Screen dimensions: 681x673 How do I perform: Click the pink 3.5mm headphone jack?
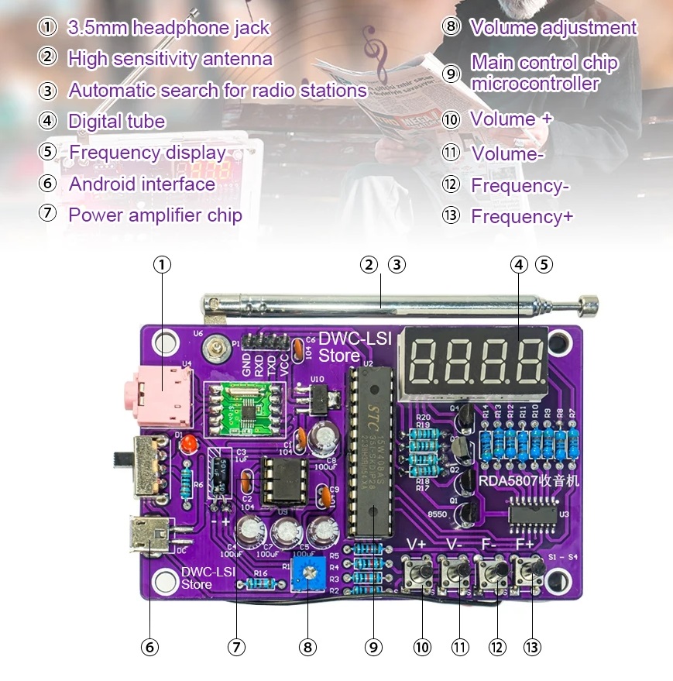[160, 390]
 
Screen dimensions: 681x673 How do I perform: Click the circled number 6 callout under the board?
[149, 646]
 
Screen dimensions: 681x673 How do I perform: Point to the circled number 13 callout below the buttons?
[533, 646]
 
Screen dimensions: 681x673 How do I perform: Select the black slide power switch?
[146, 465]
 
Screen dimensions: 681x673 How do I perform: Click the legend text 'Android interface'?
[142, 184]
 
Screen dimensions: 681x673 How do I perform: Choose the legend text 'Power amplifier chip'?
[155, 215]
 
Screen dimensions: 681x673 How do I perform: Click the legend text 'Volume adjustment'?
[553, 28]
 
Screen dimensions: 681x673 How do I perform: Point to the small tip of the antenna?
[589, 304]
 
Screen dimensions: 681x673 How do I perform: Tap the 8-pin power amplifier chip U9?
[277, 480]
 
